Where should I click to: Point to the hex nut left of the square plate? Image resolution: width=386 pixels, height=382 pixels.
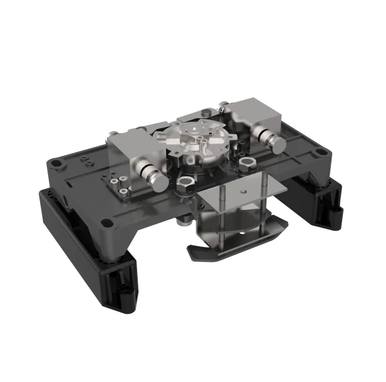click(x=185, y=184)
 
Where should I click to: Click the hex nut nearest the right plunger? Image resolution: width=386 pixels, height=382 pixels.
click(x=246, y=164)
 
